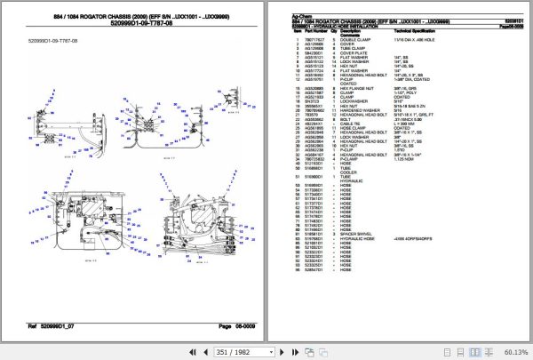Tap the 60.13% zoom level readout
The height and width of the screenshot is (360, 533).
click(x=513, y=350)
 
